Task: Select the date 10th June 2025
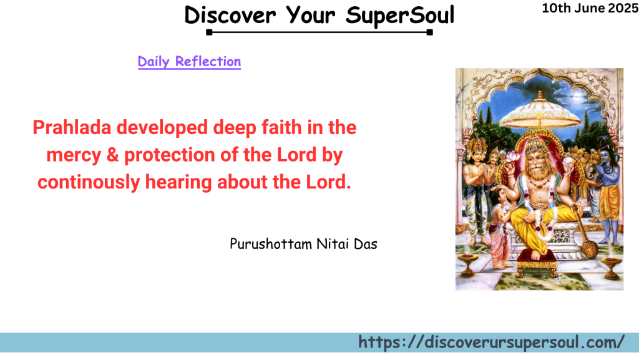point(590,8)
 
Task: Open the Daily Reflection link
point(189,61)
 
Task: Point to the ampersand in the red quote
point(112,155)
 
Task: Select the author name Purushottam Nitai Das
point(303,243)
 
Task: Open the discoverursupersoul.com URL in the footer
point(491,342)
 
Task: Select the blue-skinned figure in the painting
point(607,181)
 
